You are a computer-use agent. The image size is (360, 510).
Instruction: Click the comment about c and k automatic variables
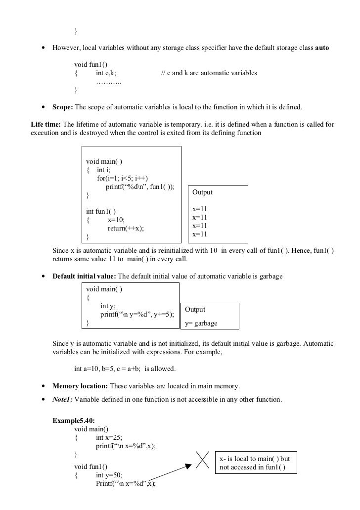click(x=209, y=73)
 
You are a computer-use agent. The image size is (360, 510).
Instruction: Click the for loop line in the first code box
click(x=122, y=178)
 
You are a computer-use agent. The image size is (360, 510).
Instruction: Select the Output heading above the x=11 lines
click(x=202, y=192)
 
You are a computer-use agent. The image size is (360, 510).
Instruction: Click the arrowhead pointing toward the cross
click(x=187, y=465)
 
